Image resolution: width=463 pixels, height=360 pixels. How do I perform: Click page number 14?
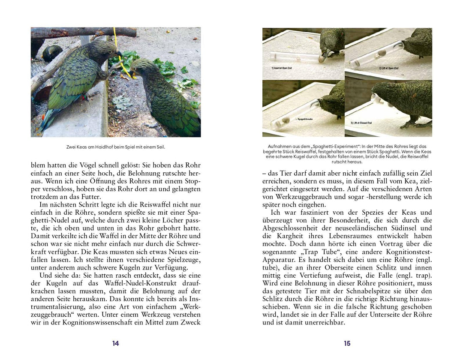coord(115,343)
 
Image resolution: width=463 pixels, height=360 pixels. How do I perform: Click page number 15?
coord(347,343)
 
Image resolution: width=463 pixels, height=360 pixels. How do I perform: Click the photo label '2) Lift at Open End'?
coord(388,68)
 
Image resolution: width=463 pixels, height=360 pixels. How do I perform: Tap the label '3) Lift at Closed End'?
coord(361,123)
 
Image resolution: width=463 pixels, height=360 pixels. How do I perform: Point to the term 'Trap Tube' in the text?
coord(310,252)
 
